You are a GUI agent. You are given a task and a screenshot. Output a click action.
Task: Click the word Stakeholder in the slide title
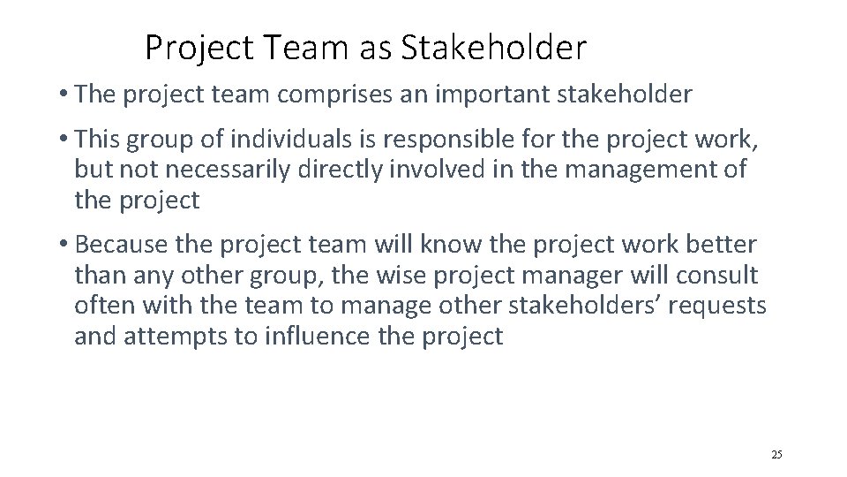click(x=492, y=49)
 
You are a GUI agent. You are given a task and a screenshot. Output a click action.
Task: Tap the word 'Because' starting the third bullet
click(x=125, y=244)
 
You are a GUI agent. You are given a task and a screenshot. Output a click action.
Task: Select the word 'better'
click(x=725, y=244)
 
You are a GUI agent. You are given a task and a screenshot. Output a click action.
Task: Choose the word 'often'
click(x=101, y=307)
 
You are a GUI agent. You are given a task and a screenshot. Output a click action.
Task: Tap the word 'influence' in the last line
click(x=338, y=337)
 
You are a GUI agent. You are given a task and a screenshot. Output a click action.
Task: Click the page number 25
click(x=776, y=454)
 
